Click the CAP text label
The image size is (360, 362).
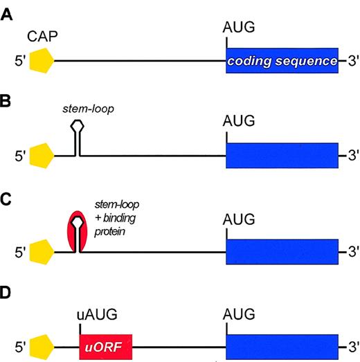(x=41, y=35)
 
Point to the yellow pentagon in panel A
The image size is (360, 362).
(x=41, y=61)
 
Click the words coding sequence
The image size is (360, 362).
(x=282, y=62)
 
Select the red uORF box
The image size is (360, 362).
(x=105, y=345)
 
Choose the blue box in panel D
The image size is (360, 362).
(x=282, y=345)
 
